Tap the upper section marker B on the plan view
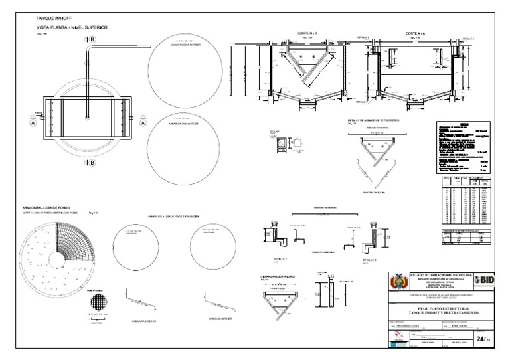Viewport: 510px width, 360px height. pos(92,40)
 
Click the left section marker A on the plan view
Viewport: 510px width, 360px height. pos(32,122)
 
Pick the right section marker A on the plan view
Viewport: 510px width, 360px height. pos(142,122)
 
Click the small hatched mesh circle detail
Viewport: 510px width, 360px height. pos(98,304)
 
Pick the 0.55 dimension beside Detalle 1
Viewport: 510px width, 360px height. pos(266,234)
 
